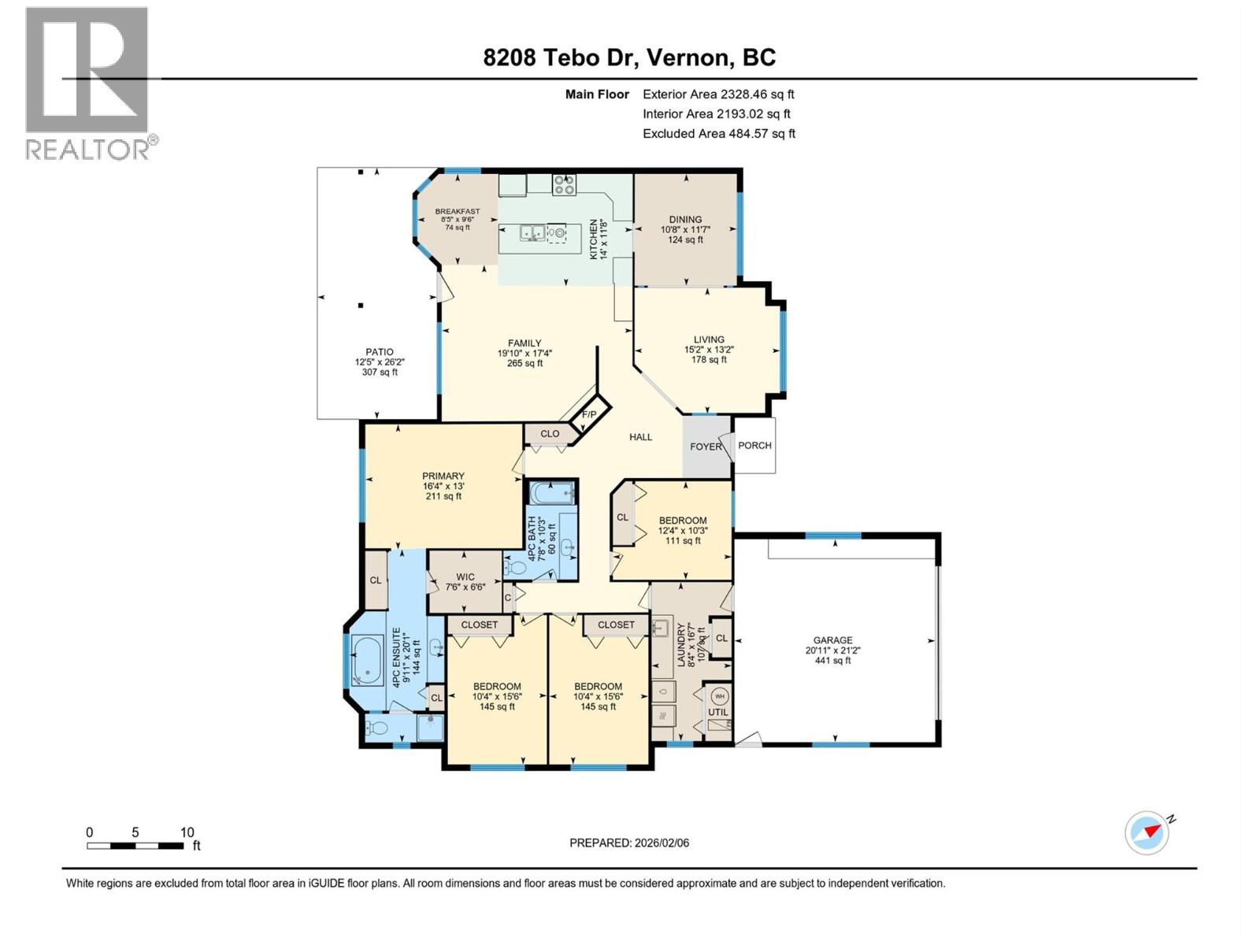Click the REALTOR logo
[87, 83]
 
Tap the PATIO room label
[379, 352]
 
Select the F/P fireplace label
[589, 414]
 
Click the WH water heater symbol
[719, 696]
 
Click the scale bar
[136, 846]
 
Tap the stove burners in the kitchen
[564, 185]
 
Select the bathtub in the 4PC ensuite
[367, 660]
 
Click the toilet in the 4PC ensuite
[377, 728]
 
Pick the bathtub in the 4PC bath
[551, 495]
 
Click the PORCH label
[754, 445]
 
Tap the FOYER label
[706, 447]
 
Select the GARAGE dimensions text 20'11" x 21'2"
[833, 650]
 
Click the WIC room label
[465, 576]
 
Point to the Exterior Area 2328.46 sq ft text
[718, 94]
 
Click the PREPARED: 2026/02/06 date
[629, 843]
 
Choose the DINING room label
[685, 220]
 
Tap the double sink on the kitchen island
[532, 232]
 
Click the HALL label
[640, 437]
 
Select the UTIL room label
[717, 712]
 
